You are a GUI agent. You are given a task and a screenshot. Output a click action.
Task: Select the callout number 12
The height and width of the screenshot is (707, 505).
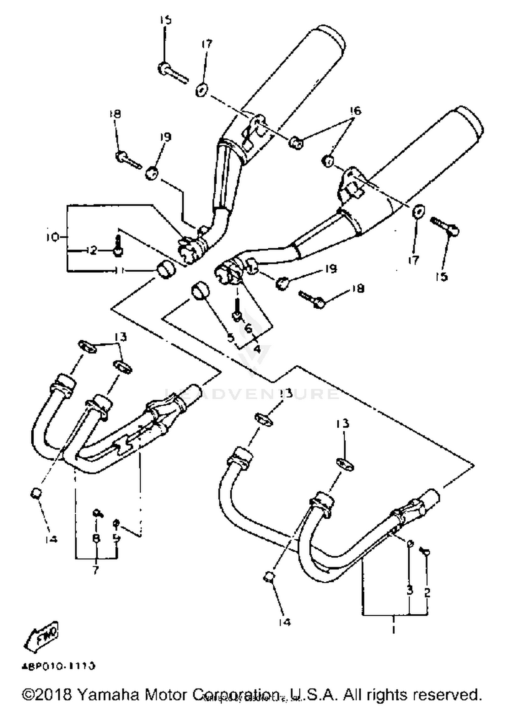click(91, 250)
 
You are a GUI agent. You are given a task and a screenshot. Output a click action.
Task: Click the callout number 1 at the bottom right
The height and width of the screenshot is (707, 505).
click(393, 628)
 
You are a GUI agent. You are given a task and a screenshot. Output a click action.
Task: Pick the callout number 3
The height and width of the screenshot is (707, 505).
click(409, 590)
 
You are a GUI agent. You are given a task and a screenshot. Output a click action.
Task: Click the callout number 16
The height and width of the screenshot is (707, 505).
click(355, 111)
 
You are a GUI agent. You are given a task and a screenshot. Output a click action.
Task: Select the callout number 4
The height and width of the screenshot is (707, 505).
click(257, 348)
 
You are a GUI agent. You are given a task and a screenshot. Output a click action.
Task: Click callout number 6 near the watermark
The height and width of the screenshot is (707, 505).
click(248, 328)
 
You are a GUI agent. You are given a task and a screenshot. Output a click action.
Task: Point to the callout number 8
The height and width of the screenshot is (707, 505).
click(96, 538)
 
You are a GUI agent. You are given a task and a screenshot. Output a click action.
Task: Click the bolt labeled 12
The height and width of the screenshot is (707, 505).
click(117, 246)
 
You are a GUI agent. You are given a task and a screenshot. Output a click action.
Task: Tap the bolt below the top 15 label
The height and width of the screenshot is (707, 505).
click(172, 73)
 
